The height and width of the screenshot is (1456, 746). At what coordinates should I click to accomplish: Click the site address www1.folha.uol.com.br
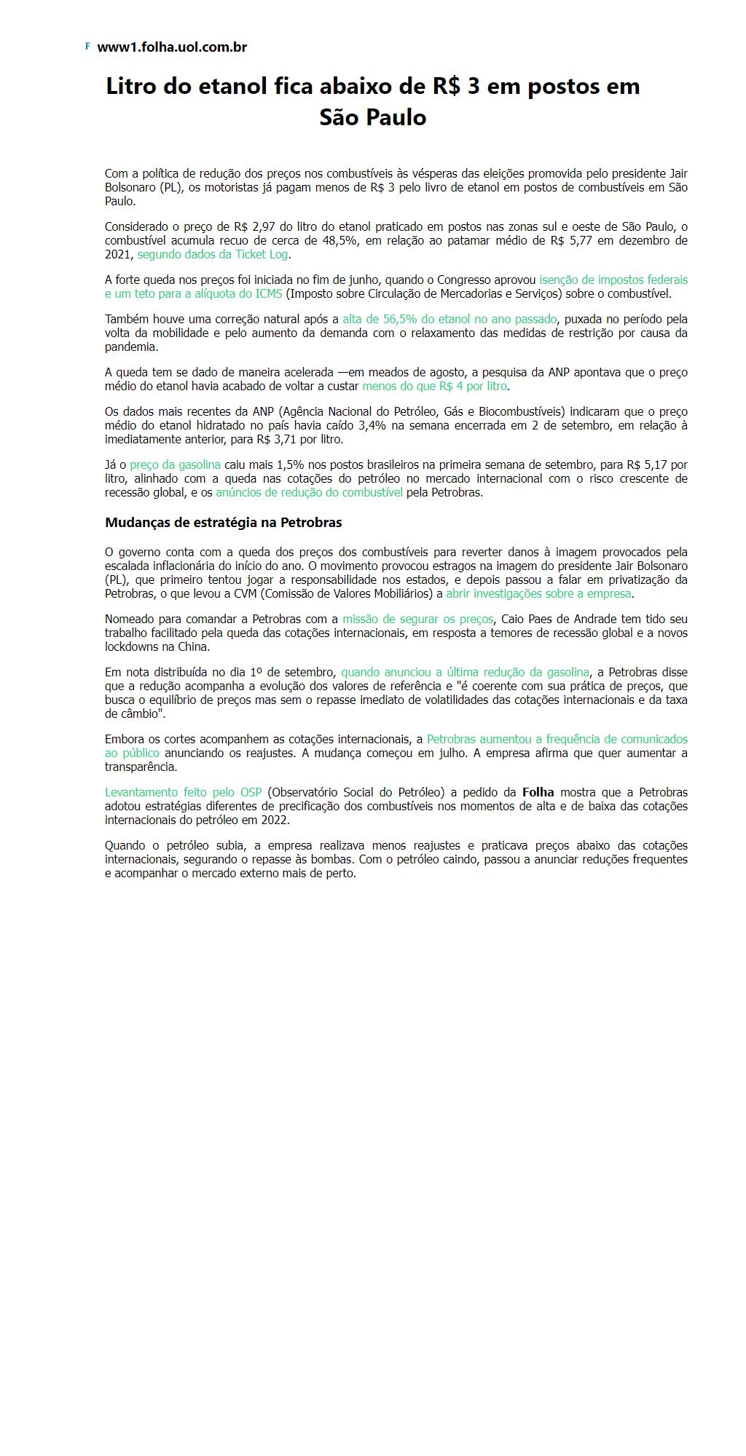172,47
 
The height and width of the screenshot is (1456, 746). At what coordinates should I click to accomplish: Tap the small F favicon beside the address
87,47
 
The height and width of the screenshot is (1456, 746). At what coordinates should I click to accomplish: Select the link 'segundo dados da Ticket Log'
213,255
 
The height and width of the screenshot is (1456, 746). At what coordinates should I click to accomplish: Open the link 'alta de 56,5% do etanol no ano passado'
449,320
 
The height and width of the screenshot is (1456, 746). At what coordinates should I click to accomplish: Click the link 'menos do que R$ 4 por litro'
434,387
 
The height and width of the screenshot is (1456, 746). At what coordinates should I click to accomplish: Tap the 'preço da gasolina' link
175,465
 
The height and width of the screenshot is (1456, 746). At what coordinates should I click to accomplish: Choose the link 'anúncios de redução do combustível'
309,493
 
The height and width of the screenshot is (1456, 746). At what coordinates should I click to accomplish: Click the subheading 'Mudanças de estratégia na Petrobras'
223,523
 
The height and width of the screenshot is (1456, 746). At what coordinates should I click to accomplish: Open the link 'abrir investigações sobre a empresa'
538,594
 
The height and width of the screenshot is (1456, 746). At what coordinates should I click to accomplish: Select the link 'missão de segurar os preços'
418,620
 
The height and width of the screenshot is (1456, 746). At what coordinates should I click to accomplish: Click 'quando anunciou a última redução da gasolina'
465,673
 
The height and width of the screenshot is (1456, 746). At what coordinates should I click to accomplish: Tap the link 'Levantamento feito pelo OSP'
183,793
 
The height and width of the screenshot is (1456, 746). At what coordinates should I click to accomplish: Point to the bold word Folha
538,793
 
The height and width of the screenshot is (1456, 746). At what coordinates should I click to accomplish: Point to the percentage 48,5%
339,241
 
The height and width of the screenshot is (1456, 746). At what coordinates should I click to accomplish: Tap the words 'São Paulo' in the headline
372,118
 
